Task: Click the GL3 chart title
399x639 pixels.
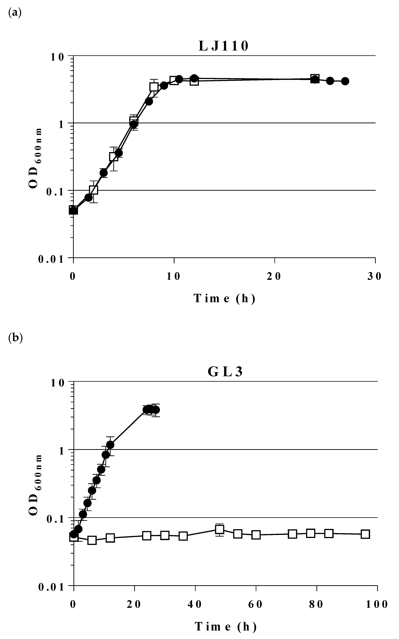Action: pyautogui.click(x=225, y=372)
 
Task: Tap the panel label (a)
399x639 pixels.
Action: pyautogui.click(x=15, y=12)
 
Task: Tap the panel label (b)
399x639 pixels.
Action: pyautogui.click(x=15, y=338)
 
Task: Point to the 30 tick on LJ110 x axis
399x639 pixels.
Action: pyautogui.click(x=375, y=276)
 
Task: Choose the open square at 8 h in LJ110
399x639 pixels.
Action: pyautogui.click(x=154, y=87)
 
